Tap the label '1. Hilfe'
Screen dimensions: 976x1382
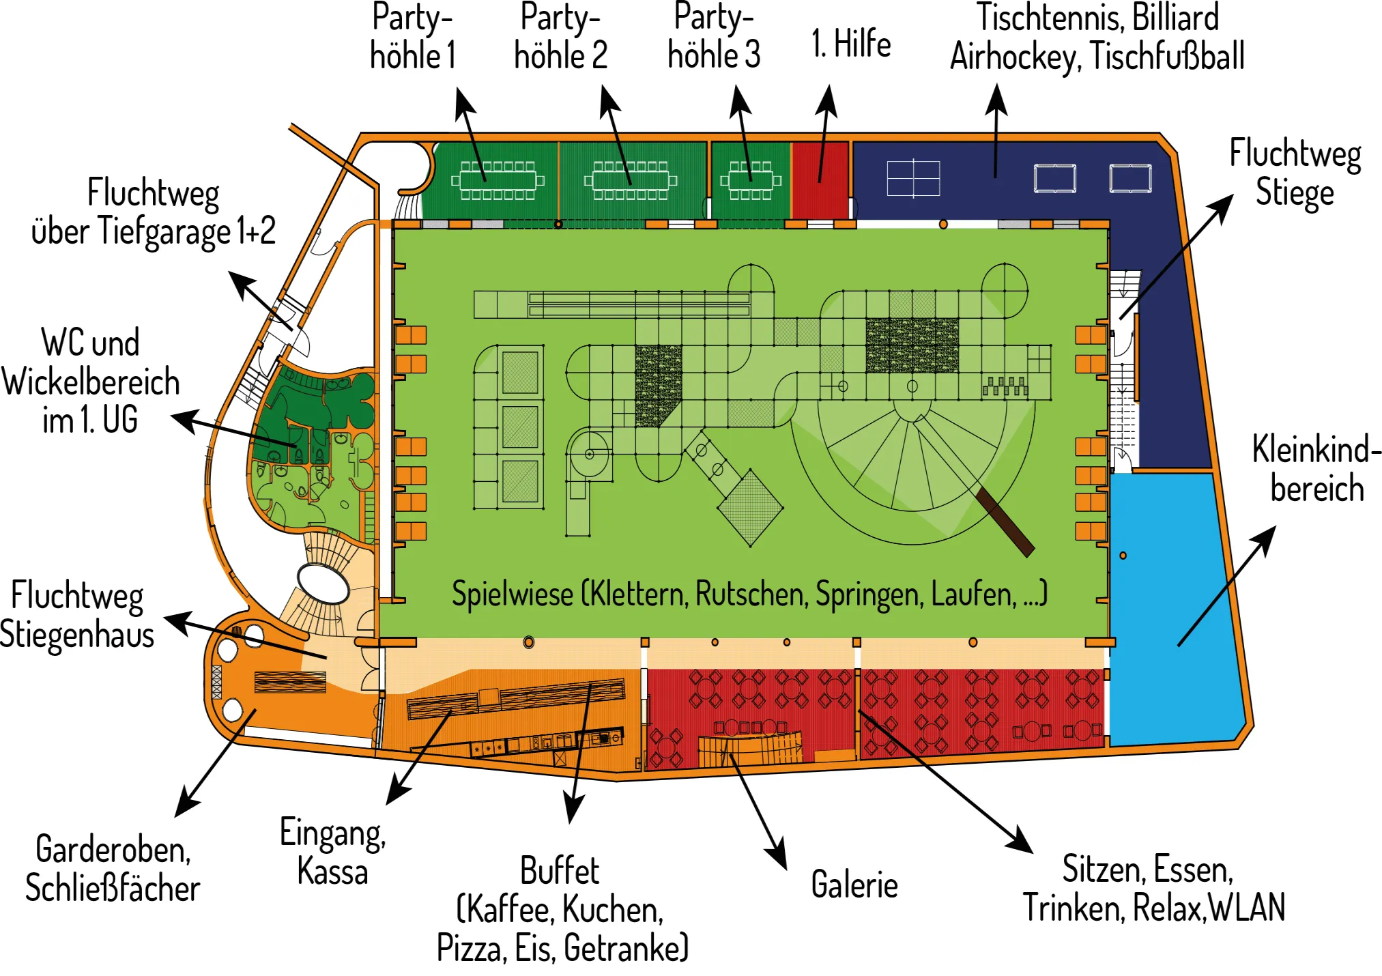coord(851,44)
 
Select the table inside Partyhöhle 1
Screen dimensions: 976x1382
coord(498,180)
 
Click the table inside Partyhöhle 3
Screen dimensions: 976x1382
coord(751,180)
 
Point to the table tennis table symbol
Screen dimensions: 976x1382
coord(913,178)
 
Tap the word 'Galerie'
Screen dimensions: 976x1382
coord(854,885)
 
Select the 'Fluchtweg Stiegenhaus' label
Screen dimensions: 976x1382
coord(76,614)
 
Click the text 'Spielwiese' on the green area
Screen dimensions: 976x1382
coord(512,594)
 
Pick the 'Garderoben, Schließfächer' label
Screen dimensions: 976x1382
coord(113,869)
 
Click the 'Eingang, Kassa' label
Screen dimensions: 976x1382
coord(332,852)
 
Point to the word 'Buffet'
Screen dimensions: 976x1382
coord(560,871)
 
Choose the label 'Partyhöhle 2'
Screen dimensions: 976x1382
coord(560,37)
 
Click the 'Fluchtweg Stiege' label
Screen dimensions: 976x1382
coord(1295,172)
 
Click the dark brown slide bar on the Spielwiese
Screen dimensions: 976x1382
coord(1005,521)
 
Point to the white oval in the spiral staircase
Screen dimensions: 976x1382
coord(323,584)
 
